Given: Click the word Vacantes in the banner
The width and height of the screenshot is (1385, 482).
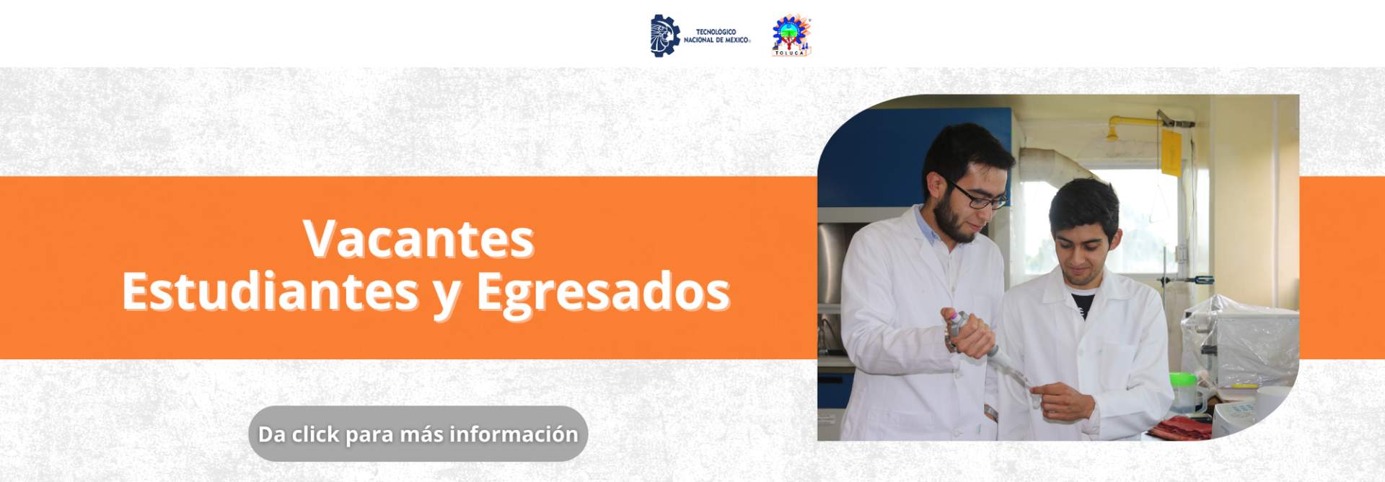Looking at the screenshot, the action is (418, 239).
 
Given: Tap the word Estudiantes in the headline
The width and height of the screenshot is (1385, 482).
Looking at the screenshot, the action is (271, 292).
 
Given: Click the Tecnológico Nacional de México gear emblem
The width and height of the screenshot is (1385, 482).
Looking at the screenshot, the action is (664, 35).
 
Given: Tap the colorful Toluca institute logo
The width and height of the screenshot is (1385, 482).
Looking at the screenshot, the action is (791, 35).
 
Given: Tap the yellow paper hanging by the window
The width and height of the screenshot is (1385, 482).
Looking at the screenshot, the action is (1171, 153).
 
